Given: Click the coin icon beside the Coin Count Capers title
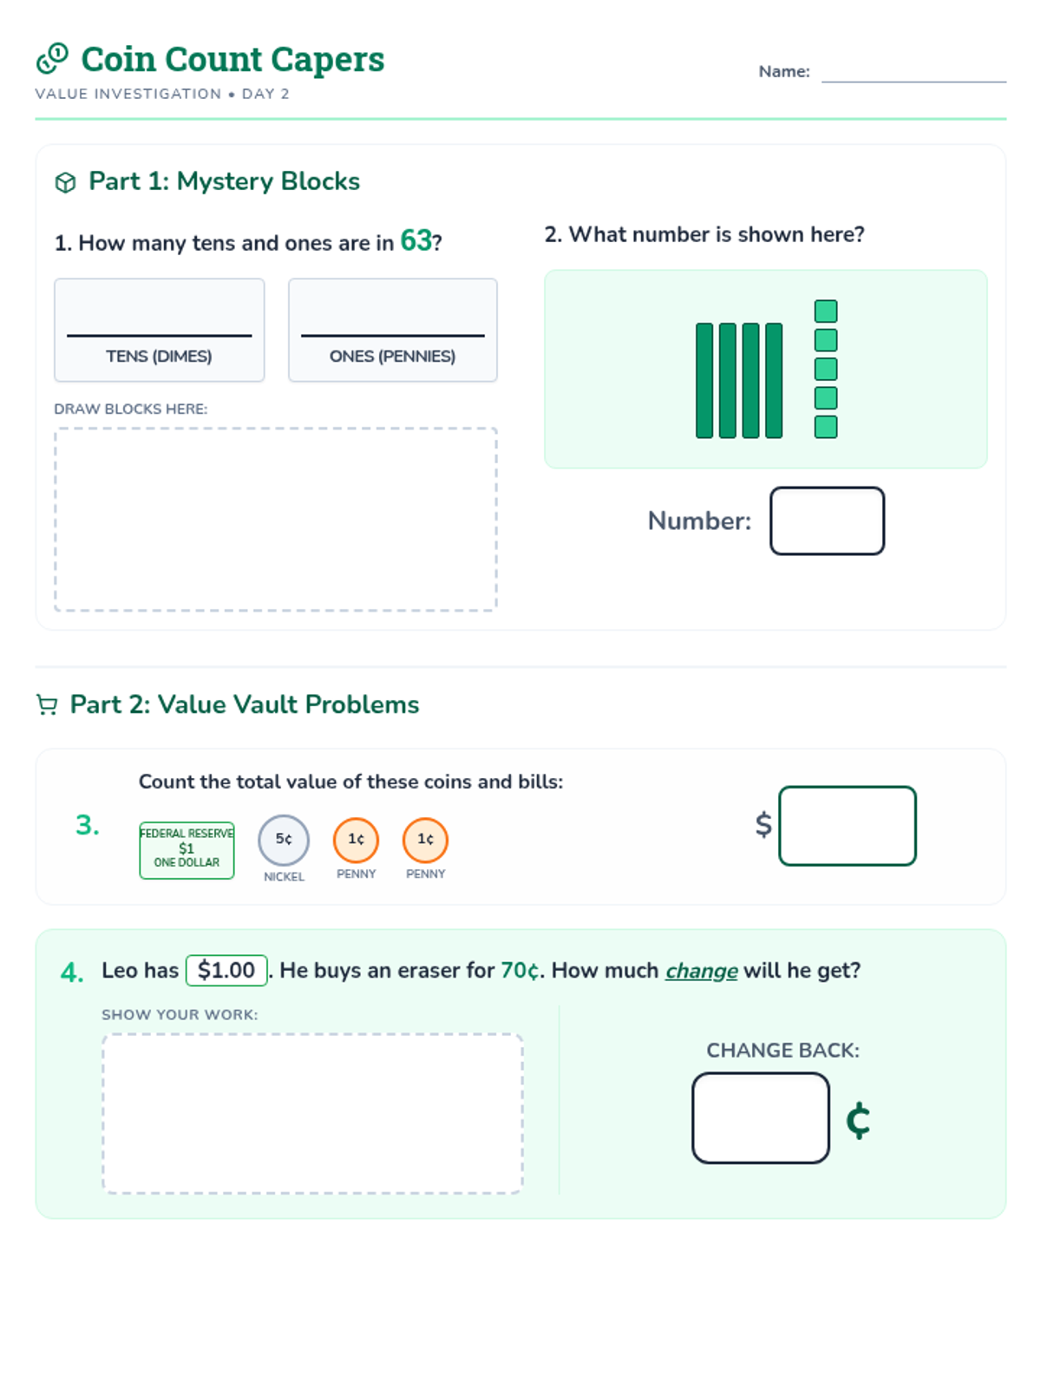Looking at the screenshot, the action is coord(52,59).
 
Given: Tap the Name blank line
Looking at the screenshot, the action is coord(913,82).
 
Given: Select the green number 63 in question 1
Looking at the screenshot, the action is coord(416,240).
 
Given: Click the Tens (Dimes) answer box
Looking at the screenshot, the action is coord(160,330).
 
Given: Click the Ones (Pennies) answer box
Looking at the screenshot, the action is coord(392,330).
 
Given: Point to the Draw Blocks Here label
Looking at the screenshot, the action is coord(131,409).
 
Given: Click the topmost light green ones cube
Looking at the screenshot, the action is coord(826,311).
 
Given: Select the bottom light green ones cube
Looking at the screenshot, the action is coord(826,427).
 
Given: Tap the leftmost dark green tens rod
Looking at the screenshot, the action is coord(704,380).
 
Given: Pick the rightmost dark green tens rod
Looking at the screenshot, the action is coord(774,380).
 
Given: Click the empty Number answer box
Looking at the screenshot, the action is coord(827,520).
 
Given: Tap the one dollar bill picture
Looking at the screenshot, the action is coord(187,850).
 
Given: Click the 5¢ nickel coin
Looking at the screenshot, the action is coord(284,840).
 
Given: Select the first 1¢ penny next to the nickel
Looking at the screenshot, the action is coord(356,840).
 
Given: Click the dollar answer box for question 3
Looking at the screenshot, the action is coord(847,825).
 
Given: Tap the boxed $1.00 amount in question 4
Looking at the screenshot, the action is coord(226,970).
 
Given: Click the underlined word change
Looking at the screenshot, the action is coord(701,971).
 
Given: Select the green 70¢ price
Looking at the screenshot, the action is coord(520,970).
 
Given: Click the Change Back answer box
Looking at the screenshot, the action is coord(761,1117).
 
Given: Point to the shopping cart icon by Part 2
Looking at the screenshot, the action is coord(47,704).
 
